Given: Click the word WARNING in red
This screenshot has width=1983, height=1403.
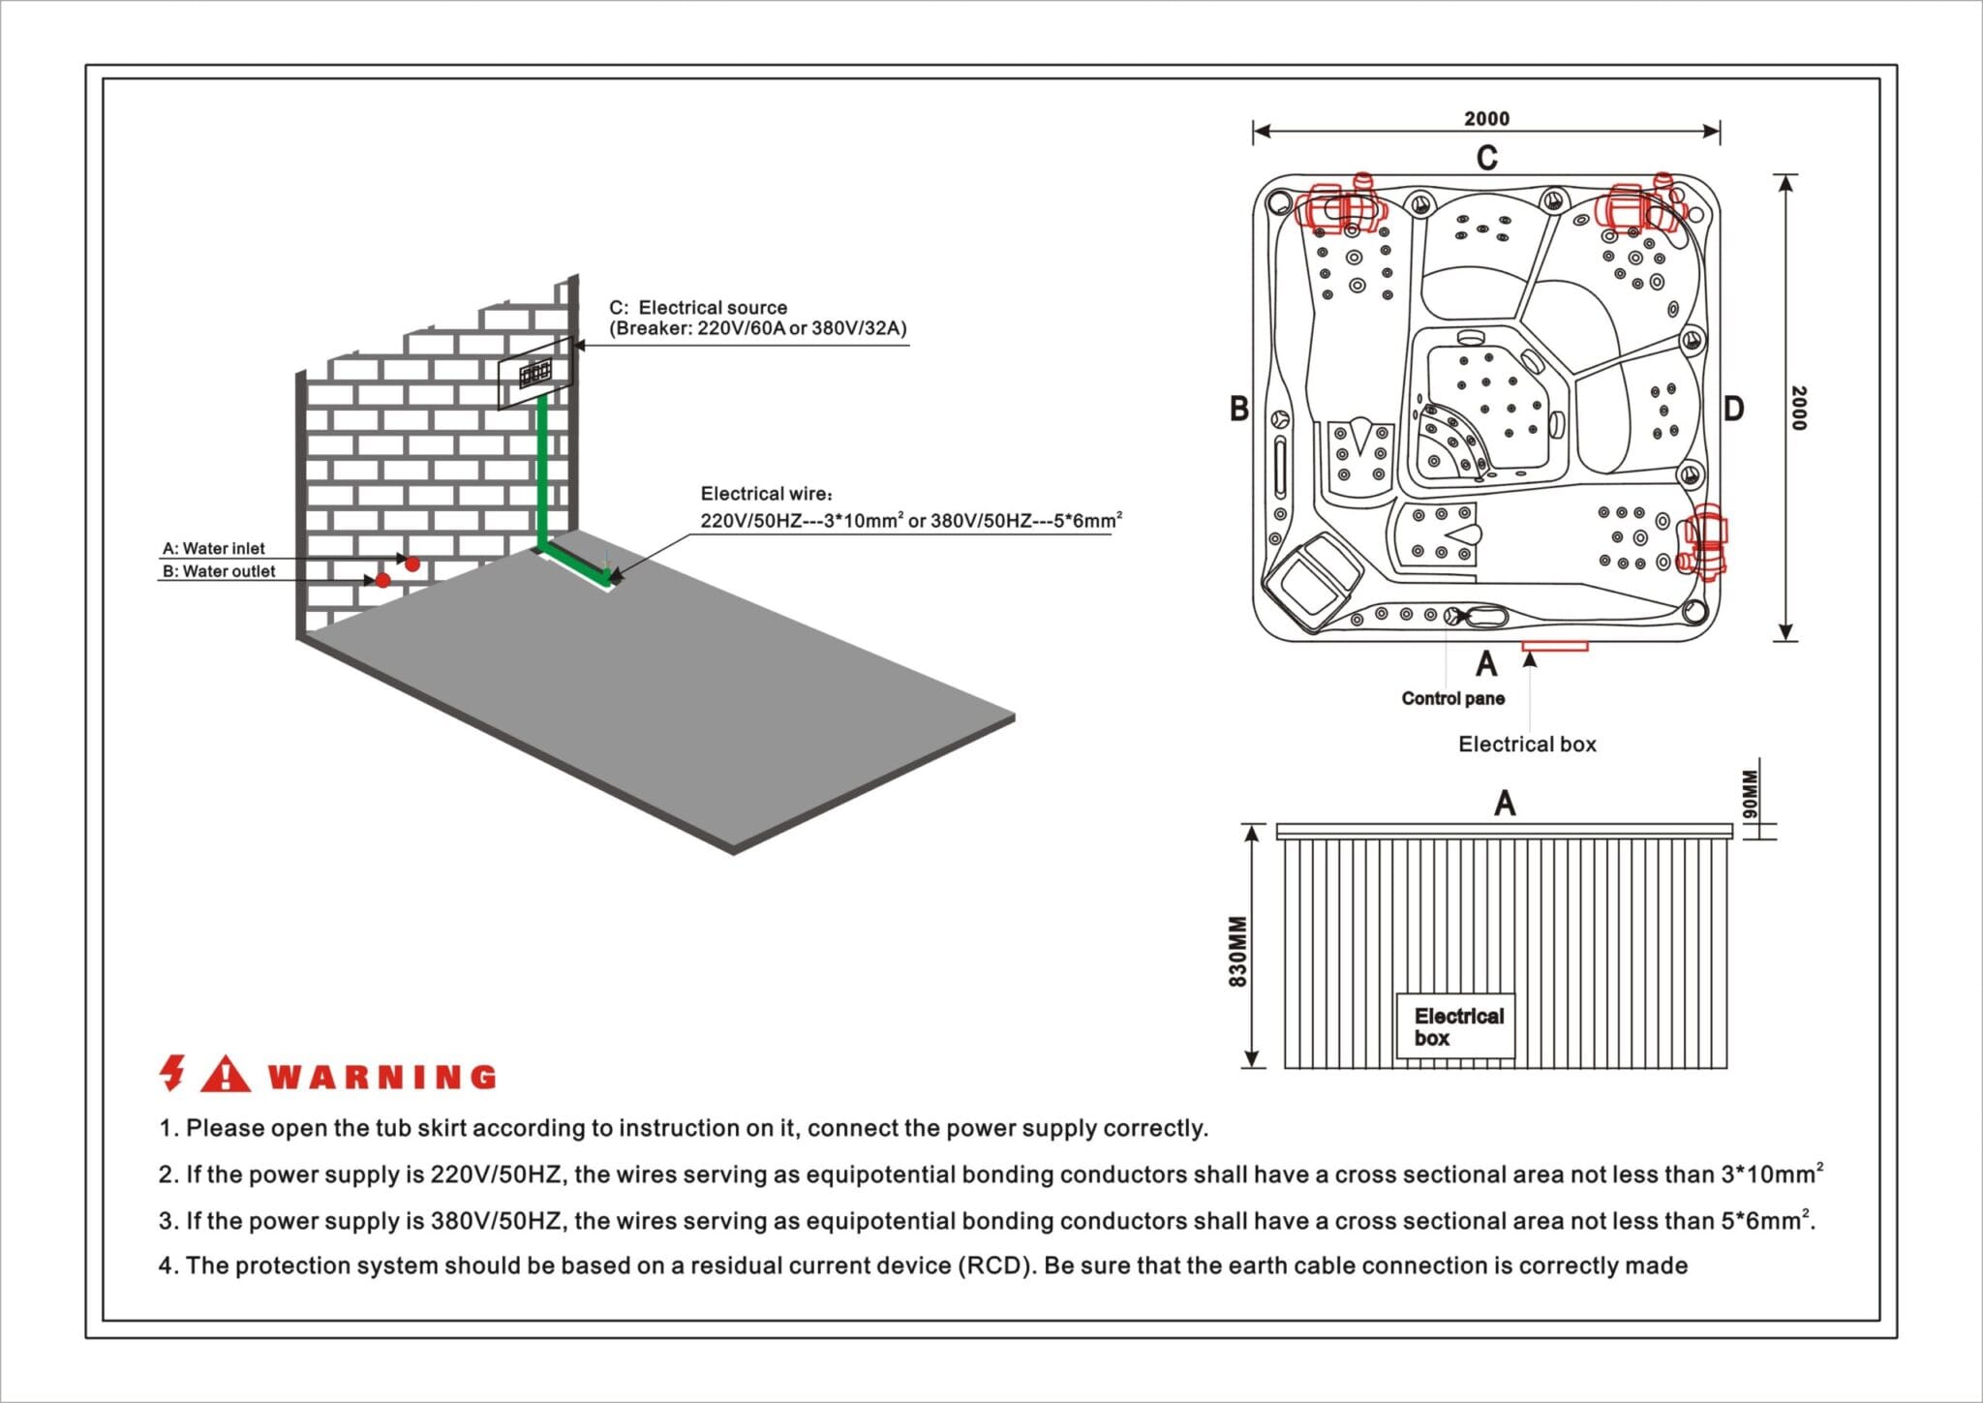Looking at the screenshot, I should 381,1077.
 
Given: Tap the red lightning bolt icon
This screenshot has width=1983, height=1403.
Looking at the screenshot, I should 172,1073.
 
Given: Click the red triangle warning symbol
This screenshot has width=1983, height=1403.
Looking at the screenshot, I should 226,1074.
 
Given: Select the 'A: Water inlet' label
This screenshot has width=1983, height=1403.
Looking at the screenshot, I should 213,548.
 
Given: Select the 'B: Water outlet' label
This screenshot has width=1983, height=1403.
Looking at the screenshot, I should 219,571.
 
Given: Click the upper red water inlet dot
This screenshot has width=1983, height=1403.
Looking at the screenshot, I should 412,564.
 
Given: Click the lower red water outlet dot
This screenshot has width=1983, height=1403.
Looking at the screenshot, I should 382,580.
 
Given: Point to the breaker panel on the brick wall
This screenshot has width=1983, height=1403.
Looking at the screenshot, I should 535,373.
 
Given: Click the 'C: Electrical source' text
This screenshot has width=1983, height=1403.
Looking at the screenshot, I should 698,307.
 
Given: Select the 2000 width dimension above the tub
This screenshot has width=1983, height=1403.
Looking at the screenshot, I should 1486,118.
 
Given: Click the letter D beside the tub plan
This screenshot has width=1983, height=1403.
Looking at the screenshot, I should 1733,409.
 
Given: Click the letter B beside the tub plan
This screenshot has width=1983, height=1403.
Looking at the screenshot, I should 1238,409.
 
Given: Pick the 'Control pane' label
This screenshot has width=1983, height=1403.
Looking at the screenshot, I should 1452,698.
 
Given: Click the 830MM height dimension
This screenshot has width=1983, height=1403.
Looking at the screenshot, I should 1237,951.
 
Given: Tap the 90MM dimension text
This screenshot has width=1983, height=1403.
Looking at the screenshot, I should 1749,795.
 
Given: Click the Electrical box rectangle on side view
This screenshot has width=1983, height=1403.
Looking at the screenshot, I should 1455,1026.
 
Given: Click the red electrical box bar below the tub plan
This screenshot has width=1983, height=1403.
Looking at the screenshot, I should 1554,646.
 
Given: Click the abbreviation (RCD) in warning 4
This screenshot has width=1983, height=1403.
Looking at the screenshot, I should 996,1266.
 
